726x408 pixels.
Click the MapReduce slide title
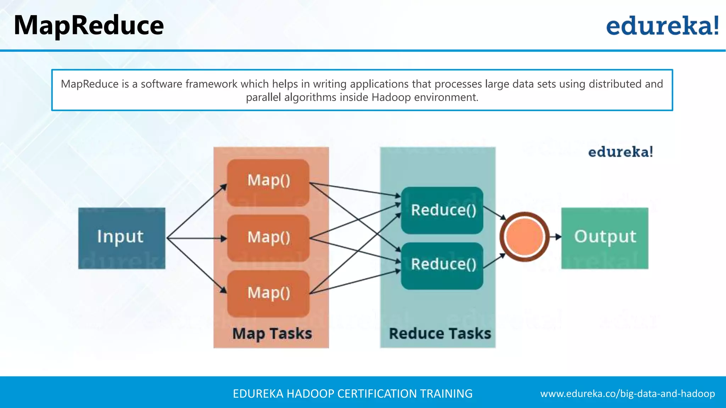(89, 25)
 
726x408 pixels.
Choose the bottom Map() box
(268, 294)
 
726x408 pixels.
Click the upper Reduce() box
(442, 210)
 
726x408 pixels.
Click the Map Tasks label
(272, 334)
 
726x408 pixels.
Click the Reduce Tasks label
(440, 334)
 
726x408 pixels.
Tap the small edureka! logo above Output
(620, 152)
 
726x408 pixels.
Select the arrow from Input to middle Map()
(197, 238)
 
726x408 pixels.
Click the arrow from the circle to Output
(556, 237)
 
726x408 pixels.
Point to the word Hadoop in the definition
(391, 97)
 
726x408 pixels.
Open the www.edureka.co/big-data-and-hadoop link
(627, 393)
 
